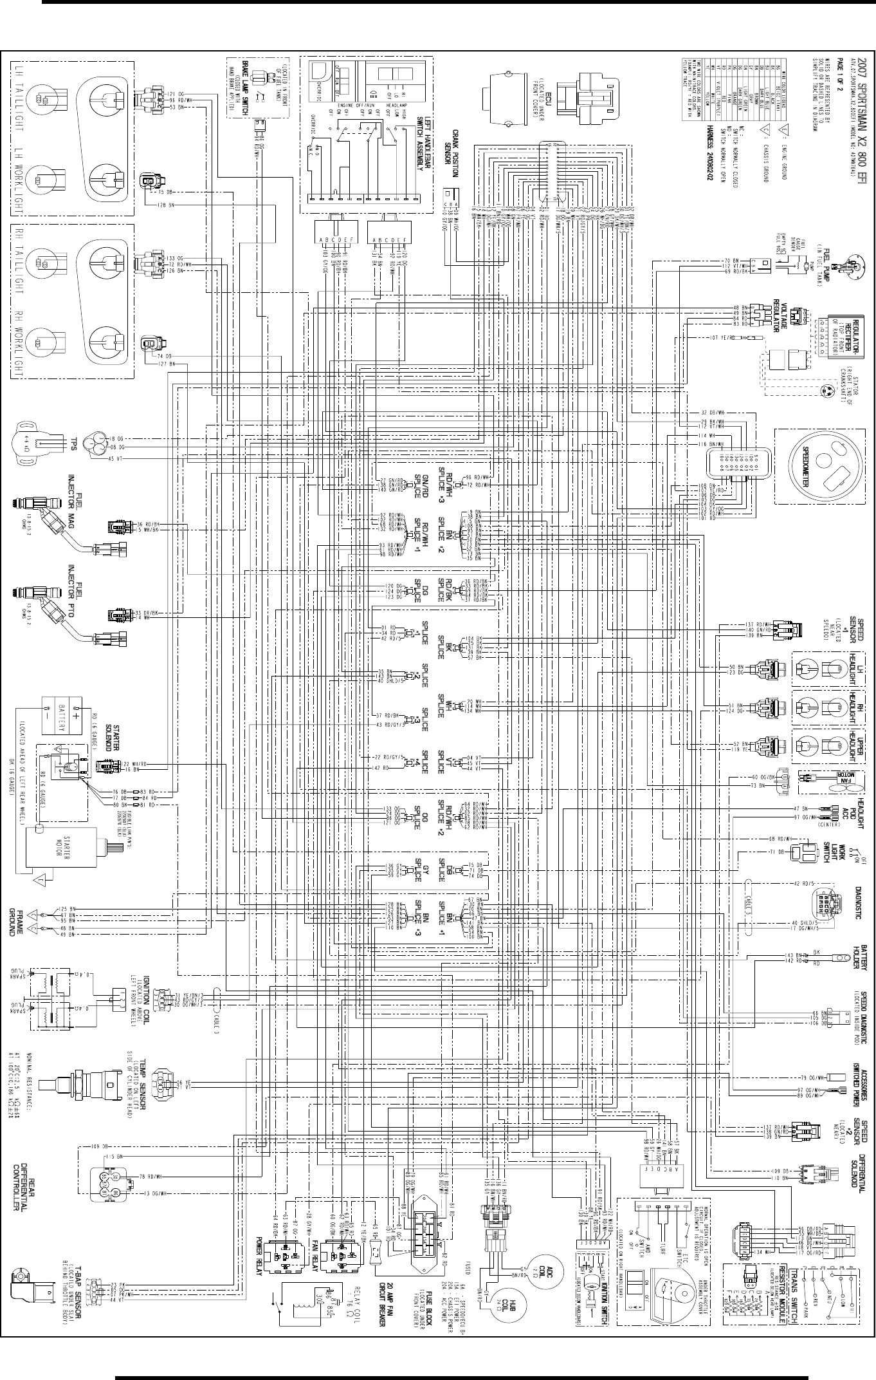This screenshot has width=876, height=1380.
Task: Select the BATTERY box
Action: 61,716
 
